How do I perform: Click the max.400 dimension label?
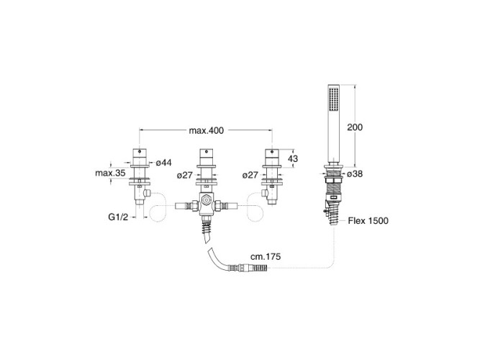click(206, 130)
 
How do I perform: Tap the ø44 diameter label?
click(164, 163)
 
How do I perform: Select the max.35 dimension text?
click(110, 173)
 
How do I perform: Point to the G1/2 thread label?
click(118, 217)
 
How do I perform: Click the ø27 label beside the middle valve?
click(185, 175)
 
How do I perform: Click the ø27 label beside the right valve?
click(250, 175)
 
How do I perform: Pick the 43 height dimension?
click(293, 158)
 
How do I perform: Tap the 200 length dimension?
click(355, 127)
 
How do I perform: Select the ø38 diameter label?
click(355, 174)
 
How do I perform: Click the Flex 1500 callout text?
click(368, 220)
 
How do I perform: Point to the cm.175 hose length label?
click(266, 256)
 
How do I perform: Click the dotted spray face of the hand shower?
click(333, 99)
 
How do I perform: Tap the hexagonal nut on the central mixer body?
click(207, 201)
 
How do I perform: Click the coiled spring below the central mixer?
click(207, 227)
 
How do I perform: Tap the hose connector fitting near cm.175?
click(248, 268)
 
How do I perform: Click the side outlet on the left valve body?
click(148, 193)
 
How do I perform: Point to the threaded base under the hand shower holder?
click(334, 185)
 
